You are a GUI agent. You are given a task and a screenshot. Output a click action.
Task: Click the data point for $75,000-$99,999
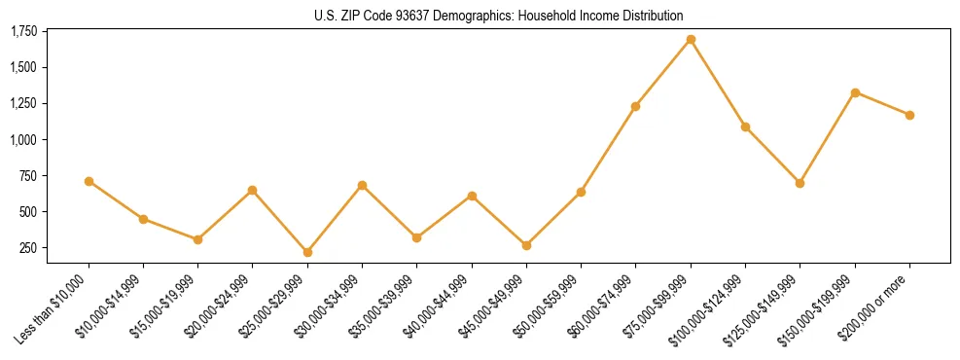691,40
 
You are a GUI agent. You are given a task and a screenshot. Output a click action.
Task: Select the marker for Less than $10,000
89,181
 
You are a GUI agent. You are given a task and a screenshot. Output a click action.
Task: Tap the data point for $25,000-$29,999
307,252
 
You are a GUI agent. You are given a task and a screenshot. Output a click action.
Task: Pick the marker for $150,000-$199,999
855,92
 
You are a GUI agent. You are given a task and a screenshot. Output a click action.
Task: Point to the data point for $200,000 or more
909,115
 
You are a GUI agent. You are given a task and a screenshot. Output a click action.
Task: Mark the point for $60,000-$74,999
636,106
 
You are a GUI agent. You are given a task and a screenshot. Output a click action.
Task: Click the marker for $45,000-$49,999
526,245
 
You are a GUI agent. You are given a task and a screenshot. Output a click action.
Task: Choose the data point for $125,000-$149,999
800,183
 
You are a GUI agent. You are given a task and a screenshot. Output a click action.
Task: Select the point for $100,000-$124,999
745,126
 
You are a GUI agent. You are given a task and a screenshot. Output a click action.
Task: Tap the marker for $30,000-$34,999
362,185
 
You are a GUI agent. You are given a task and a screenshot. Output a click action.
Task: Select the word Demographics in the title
462,16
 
